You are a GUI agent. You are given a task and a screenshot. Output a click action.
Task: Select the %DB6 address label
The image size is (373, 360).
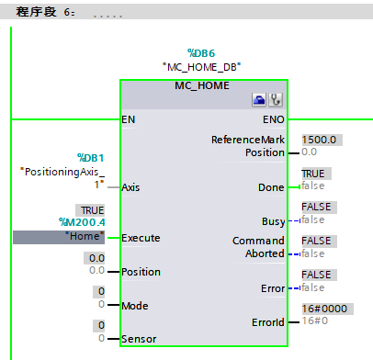(x=201, y=52)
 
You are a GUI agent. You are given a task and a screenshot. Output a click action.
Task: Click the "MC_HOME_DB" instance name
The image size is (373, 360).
(x=201, y=67)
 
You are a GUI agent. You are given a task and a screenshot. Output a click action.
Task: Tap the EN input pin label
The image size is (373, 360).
(x=130, y=119)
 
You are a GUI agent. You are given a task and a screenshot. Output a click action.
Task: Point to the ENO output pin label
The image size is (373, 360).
(x=274, y=119)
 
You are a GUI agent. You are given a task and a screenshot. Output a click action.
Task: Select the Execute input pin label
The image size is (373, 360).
(x=141, y=238)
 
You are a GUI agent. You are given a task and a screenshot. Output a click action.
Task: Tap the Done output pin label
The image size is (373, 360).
(x=270, y=186)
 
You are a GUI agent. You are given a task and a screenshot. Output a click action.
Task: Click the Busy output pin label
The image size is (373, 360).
(x=272, y=220)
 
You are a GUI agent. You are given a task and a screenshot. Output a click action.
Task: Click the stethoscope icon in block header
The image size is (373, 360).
(x=275, y=99)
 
